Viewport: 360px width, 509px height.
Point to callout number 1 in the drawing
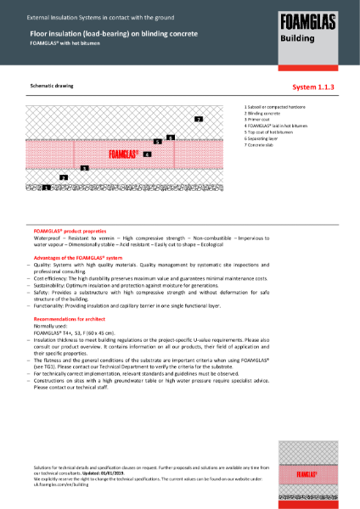46,186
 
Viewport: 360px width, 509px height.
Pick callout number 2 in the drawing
64,177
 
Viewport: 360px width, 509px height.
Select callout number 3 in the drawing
84,168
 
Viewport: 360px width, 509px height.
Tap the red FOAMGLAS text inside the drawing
123,154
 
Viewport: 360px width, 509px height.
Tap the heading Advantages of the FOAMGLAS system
78,256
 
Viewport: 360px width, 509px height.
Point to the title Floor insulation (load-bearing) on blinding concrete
114,33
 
